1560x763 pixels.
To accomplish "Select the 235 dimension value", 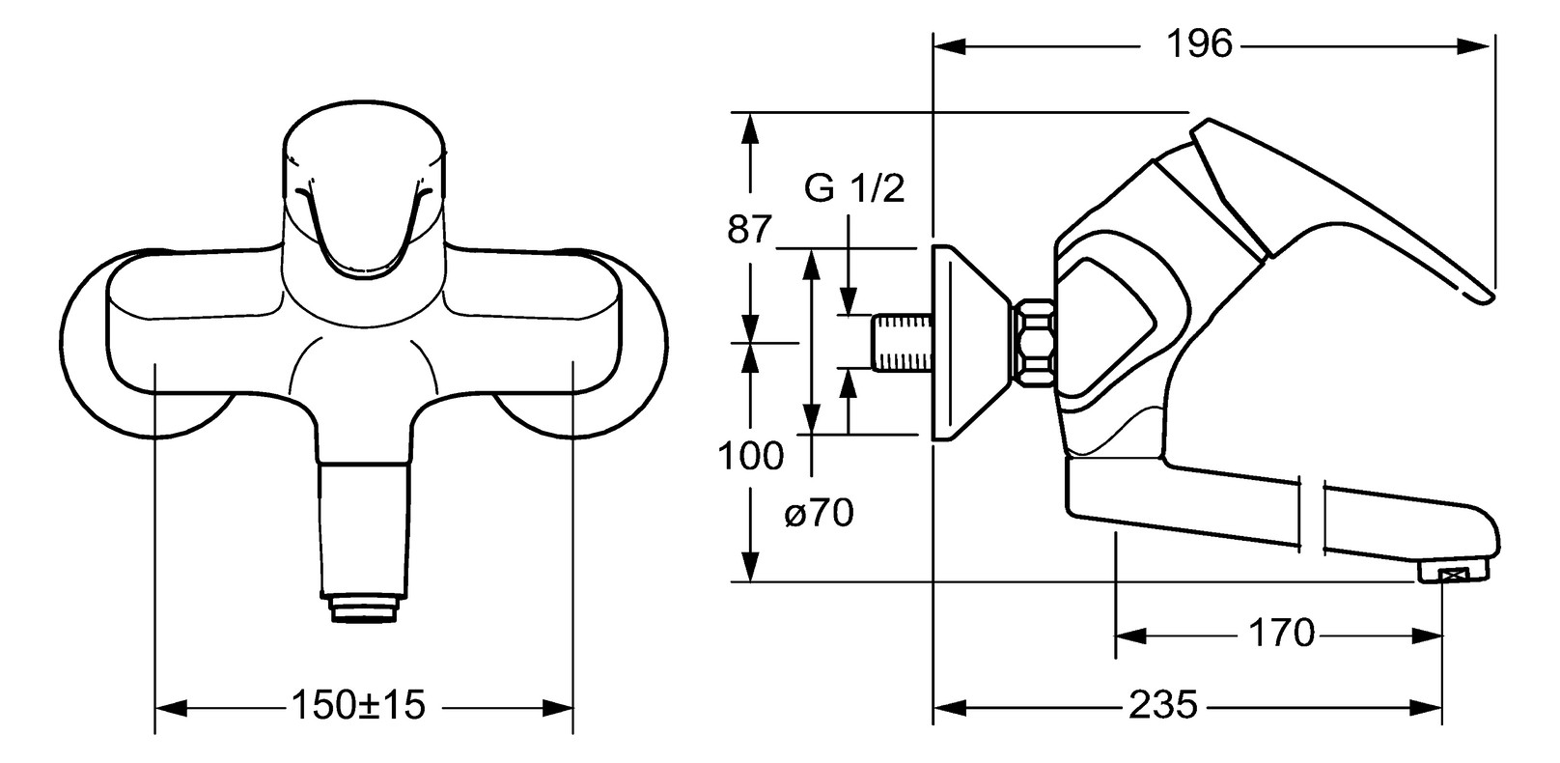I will pyautogui.click(x=1162, y=705).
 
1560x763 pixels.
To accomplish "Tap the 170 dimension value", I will pyautogui.click(x=1282, y=634).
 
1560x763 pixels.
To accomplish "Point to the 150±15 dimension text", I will pyautogui.click(x=358, y=705).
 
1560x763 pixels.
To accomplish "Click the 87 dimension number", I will pyautogui.click(x=750, y=230).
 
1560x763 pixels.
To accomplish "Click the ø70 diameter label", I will pyautogui.click(x=819, y=513).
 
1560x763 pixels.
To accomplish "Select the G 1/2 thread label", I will pyautogui.click(x=854, y=189).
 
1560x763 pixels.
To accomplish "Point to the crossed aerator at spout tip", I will pyautogui.click(x=1452, y=576).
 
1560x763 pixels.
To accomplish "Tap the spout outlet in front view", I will pyautogui.click(x=364, y=608).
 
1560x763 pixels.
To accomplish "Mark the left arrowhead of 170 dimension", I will pyautogui.click(x=1129, y=636).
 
